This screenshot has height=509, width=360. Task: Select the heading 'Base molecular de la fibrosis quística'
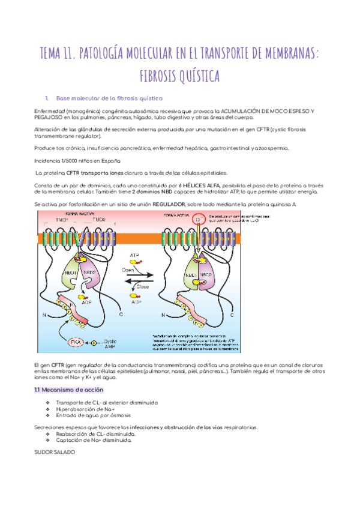pos(109,98)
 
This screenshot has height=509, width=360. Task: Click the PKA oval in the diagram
pos(76,342)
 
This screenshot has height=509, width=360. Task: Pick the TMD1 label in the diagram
pos(62,221)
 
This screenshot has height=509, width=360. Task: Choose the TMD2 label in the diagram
pos(96,221)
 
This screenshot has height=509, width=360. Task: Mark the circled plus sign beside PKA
pos(93,343)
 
